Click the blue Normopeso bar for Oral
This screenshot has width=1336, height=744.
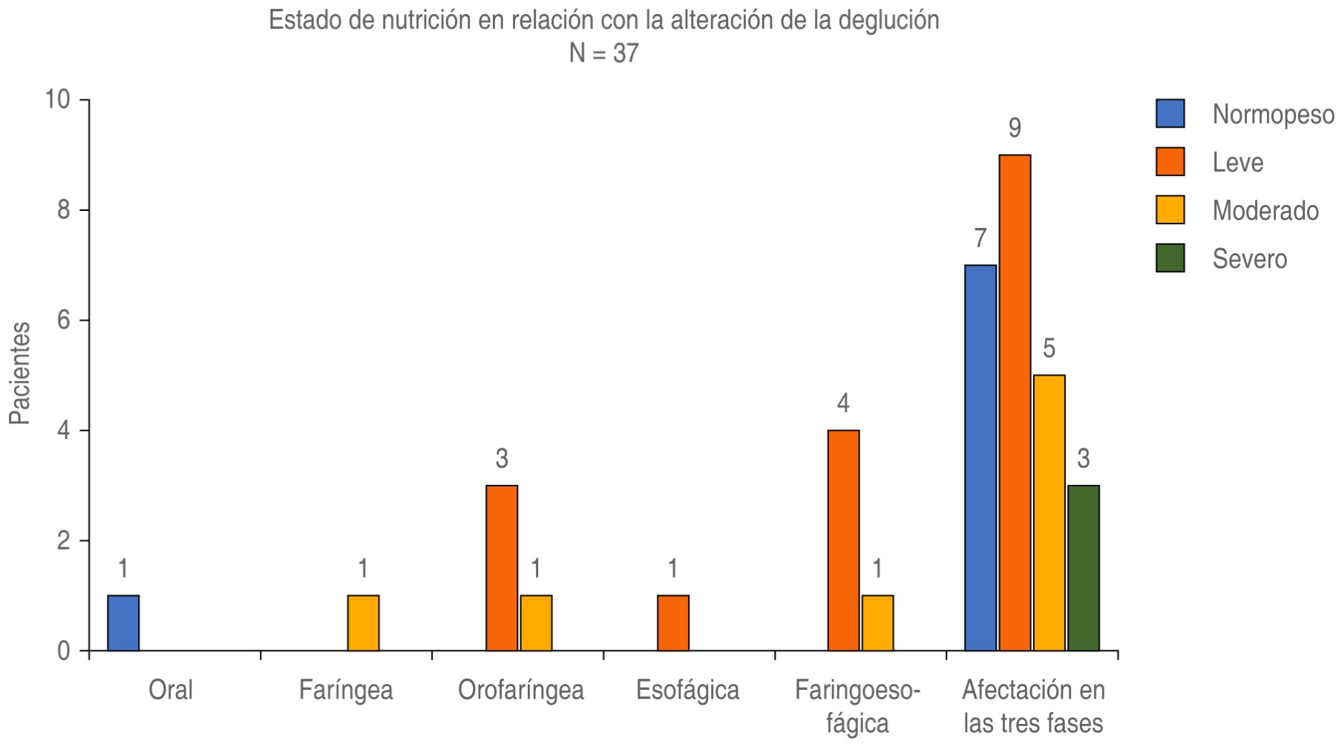tap(123, 623)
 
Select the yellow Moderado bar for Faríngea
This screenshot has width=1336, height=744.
tap(363, 623)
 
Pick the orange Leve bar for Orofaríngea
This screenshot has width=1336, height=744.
tap(502, 568)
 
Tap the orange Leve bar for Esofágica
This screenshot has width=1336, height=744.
tap(673, 623)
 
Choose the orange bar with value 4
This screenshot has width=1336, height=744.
tap(843, 541)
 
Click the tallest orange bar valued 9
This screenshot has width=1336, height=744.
tap(1015, 403)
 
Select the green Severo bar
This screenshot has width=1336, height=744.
tap(1084, 568)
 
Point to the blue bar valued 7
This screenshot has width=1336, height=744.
tap(980, 458)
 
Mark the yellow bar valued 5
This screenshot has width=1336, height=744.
tap(1049, 513)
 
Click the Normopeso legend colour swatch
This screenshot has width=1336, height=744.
tap(1170, 114)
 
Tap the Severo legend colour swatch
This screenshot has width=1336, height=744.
tap(1170, 258)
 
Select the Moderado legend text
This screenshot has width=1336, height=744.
tap(1265, 211)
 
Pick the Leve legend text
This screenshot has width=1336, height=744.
tap(1237, 163)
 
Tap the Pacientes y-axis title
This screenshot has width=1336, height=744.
tap(20, 373)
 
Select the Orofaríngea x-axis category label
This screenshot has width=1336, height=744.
tap(520, 691)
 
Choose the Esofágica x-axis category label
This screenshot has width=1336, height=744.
tap(687, 691)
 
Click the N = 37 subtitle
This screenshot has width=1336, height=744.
tap(603, 53)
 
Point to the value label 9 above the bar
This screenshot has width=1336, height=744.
tap(1015, 128)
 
